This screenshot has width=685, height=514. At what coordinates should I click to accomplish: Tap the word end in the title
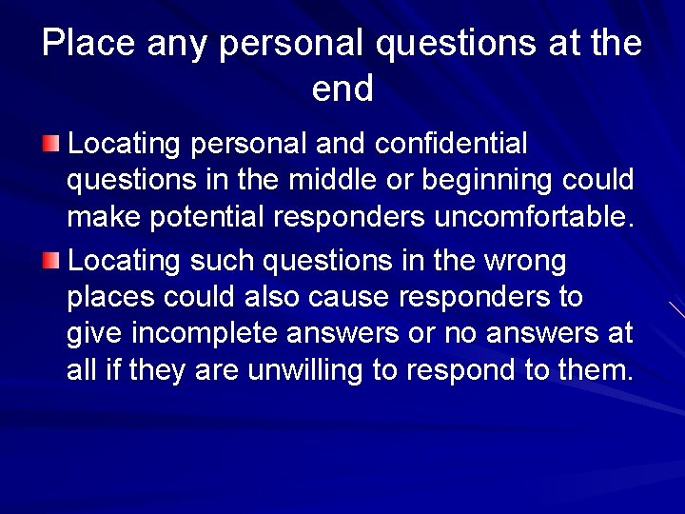tap(342, 89)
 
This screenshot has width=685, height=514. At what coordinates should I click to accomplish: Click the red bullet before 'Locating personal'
tap(51, 144)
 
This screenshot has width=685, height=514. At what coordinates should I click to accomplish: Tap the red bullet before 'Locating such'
tap(51, 259)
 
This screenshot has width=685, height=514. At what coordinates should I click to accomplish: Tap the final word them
tap(597, 371)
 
